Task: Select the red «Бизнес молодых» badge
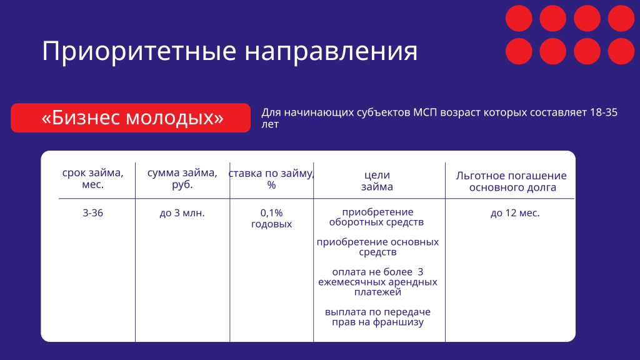click(131, 117)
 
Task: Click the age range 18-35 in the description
click(603, 113)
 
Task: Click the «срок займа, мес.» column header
click(92, 179)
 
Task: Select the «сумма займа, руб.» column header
click(182, 179)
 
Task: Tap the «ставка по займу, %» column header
click(271, 179)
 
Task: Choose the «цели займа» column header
click(377, 181)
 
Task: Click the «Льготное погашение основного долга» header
click(511, 181)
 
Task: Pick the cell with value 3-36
click(92, 213)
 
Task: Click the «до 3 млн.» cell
click(182, 213)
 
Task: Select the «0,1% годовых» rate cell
click(271, 218)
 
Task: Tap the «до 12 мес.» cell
click(514, 213)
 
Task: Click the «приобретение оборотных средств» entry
click(377, 217)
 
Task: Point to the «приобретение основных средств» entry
click(377, 247)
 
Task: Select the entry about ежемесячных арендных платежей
click(377, 282)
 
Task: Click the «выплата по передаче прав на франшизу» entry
click(377, 317)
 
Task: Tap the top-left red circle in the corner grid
click(518, 18)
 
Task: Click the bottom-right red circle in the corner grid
click(621, 51)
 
